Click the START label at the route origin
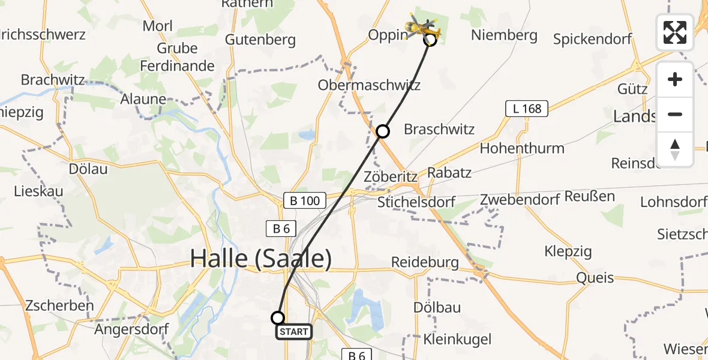click(293, 331)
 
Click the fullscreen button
click(675, 32)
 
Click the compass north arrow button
click(675, 149)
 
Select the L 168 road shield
click(527, 109)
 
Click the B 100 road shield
click(305, 200)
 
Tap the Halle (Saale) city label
click(260, 259)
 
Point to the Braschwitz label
click(439, 129)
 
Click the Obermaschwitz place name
click(369, 85)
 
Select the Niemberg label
click(504, 35)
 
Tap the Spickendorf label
click(592, 40)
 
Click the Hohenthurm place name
click(522, 148)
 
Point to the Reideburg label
click(425, 262)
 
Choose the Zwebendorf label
click(520, 200)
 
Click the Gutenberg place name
click(260, 40)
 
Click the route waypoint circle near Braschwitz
click(383, 131)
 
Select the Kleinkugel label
click(457, 340)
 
